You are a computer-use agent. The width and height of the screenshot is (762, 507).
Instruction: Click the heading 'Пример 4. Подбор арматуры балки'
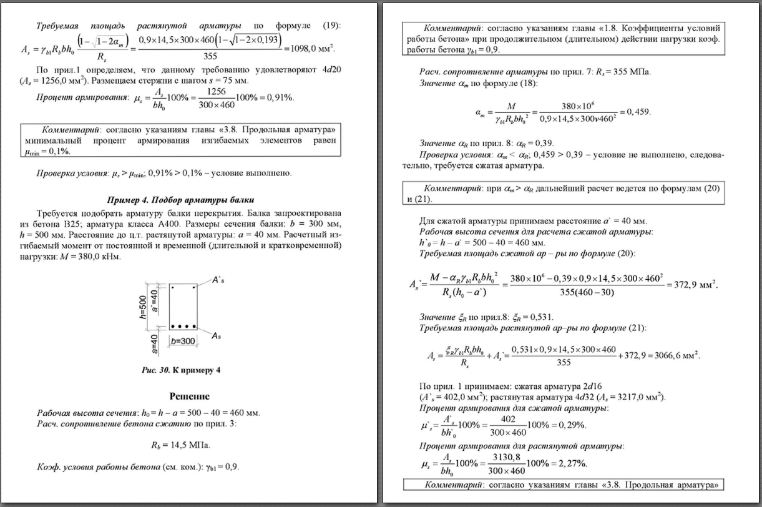click(180, 200)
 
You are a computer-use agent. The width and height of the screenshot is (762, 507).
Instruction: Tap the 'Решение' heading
click(189, 396)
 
